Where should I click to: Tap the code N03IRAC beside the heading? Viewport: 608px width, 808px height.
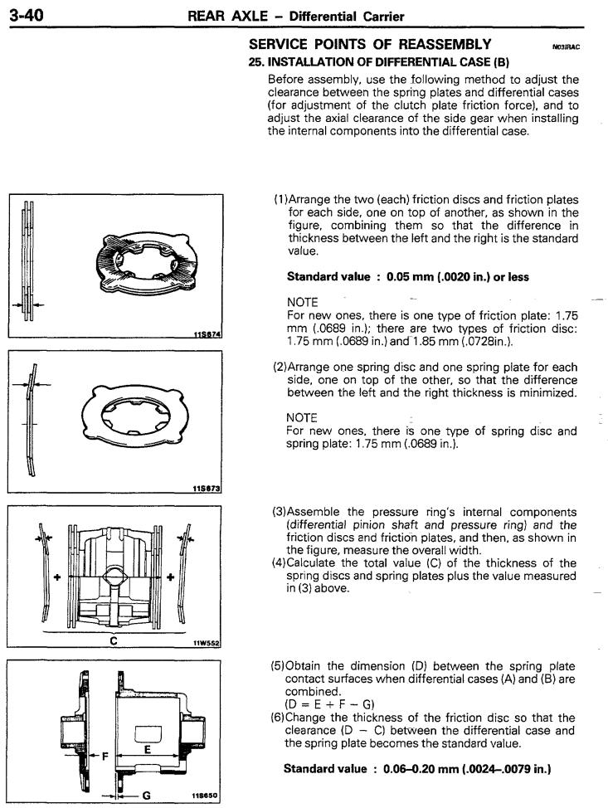[565, 47]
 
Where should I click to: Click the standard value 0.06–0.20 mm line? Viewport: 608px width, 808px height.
[418, 769]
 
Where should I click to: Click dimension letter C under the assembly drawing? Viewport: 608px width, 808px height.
[114, 640]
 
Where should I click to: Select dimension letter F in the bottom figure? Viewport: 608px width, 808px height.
[105, 756]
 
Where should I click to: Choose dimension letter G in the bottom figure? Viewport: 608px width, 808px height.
[146, 795]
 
